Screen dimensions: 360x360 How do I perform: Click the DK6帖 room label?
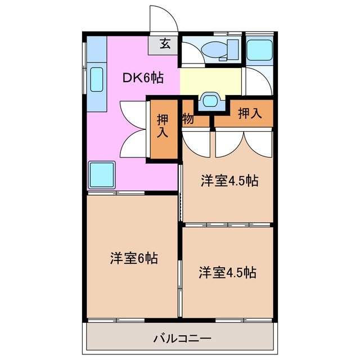point(143,77)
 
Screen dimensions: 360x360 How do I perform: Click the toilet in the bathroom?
point(215,50)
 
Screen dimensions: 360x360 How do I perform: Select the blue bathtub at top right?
point(259,50)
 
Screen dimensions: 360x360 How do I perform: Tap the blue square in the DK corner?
point(102,174)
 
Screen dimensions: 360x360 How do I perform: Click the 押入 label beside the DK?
point(163,127)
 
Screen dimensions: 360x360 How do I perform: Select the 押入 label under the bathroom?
point(250,113)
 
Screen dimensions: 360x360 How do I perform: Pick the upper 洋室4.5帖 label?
point(229,181)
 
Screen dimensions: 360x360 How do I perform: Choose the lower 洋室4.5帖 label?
point(227,272)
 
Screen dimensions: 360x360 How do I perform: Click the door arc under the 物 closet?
point(195,142)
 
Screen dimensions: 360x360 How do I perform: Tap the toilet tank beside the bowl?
point(232,49)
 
